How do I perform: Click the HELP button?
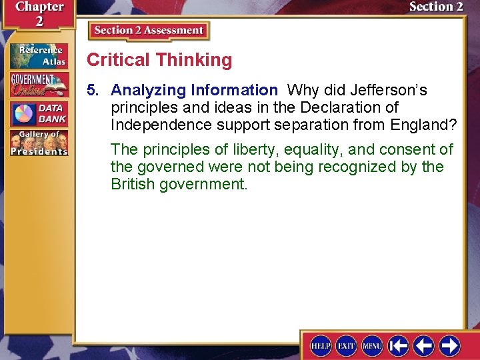tap(321, 345)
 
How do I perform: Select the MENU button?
tap(372, 345)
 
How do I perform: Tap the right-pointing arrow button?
tap(449, 345)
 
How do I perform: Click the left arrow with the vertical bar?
tap(398, 345)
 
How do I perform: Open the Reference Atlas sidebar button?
tap(39, 56)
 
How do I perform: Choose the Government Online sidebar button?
tap(39, 85)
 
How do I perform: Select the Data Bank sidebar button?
tap(39, 113)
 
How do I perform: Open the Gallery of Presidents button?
tap(39, 143)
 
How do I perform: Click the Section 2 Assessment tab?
tap(149, 31)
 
